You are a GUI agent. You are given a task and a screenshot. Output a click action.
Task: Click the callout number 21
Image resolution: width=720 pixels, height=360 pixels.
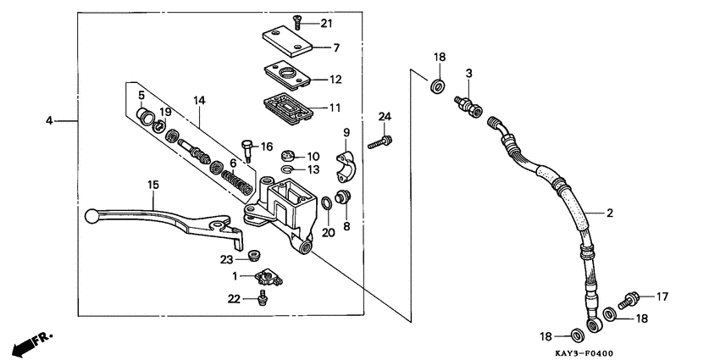[327, 22]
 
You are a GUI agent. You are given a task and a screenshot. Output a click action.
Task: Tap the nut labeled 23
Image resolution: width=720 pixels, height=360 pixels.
[252, 255]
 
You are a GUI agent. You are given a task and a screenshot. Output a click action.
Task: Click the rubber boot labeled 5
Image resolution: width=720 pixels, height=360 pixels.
[145, 115]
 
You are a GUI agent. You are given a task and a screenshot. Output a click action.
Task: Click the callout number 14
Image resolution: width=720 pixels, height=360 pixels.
[199, 100]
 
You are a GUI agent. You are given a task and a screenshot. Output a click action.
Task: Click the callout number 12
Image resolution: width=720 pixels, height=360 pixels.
[335, 80]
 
